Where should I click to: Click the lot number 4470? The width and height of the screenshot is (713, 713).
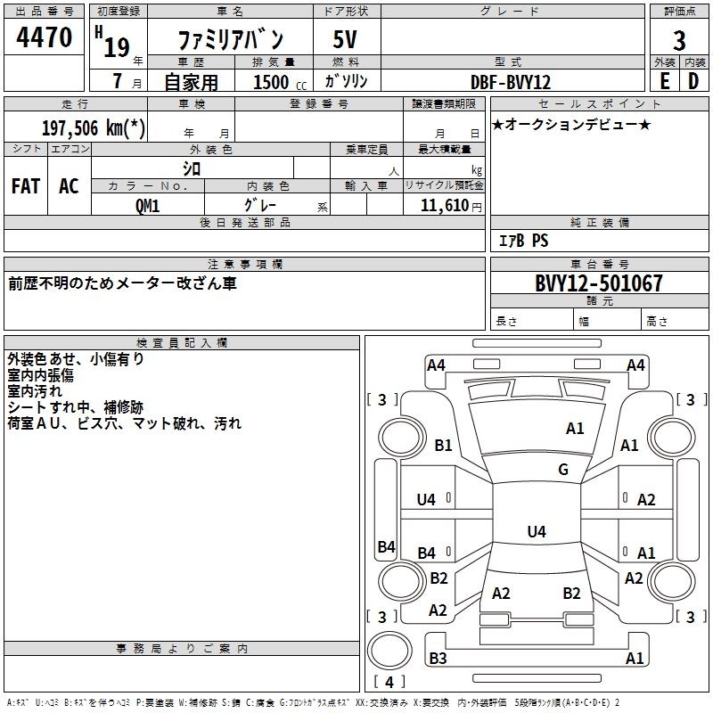pos(45,38)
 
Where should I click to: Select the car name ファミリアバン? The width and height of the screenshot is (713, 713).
pos(231,39)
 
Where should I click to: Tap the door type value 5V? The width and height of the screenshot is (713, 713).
pos(347,39)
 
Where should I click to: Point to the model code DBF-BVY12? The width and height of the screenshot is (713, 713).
pos(511,82)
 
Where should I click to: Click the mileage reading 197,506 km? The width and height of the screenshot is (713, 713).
pos(93,127)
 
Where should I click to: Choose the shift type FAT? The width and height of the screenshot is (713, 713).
pos(26,186)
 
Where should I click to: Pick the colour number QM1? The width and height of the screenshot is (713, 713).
pos(148,205)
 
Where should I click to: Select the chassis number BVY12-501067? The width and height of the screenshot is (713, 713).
pos(599,283)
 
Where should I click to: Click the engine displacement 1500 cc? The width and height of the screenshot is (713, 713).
pos(271,82)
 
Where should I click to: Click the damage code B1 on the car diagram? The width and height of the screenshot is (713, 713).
pos(443,446)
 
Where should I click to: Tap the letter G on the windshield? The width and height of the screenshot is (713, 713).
pos(563,470)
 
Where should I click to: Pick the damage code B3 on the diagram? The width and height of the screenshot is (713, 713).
pos(438,659)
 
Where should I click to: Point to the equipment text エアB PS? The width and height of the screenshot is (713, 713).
pos(522,241)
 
